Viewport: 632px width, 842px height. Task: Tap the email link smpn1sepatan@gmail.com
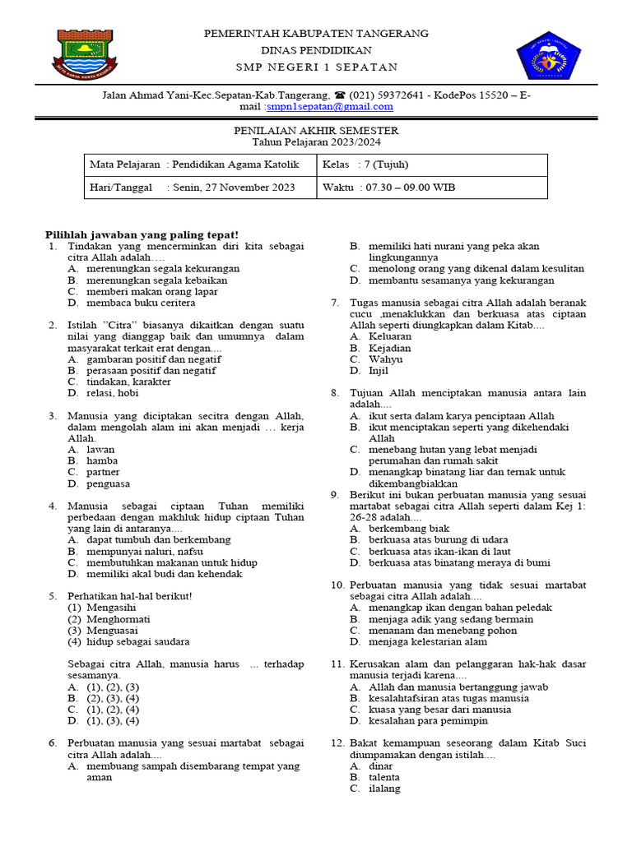tap(330, 106)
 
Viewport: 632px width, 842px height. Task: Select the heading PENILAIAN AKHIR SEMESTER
tap(316, 131)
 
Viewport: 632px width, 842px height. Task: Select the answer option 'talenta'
tap(384, 777)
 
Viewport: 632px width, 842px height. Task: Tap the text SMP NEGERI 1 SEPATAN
tap(316, 67)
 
